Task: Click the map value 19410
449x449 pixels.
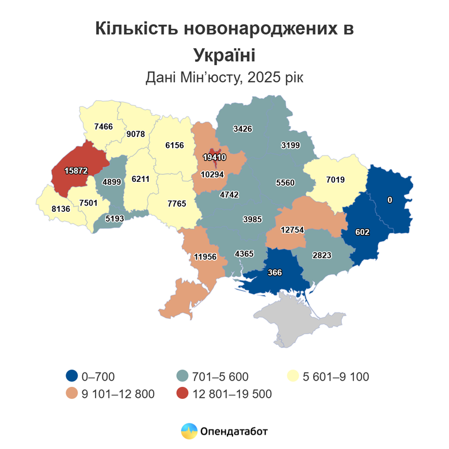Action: pos(214,157)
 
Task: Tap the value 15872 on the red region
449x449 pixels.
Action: pos(76,171)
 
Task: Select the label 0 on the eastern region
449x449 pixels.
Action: pos(390,200)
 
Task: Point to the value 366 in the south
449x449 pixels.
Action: pos(275,273)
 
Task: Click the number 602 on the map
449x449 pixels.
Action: pos(362,232)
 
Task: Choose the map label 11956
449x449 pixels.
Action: pos(205,256)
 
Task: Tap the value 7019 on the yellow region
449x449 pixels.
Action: pos(335,180)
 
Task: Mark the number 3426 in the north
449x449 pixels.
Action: pos(242,128)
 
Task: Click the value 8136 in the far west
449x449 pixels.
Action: pos(60,209)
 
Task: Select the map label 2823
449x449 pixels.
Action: pos(322,255)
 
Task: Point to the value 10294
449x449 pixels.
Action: pos(212,174)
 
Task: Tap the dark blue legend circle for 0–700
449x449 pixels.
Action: pos(72,376)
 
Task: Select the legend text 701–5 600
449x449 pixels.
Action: pos(222,377)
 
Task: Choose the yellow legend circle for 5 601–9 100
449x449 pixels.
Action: pos(292,376)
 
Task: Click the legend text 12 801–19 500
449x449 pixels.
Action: pos(233,394)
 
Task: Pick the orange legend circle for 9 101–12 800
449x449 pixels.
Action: pos(72,394)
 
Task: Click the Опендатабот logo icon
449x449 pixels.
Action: pos(189,431)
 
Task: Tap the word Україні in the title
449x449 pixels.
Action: pos(224,55)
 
